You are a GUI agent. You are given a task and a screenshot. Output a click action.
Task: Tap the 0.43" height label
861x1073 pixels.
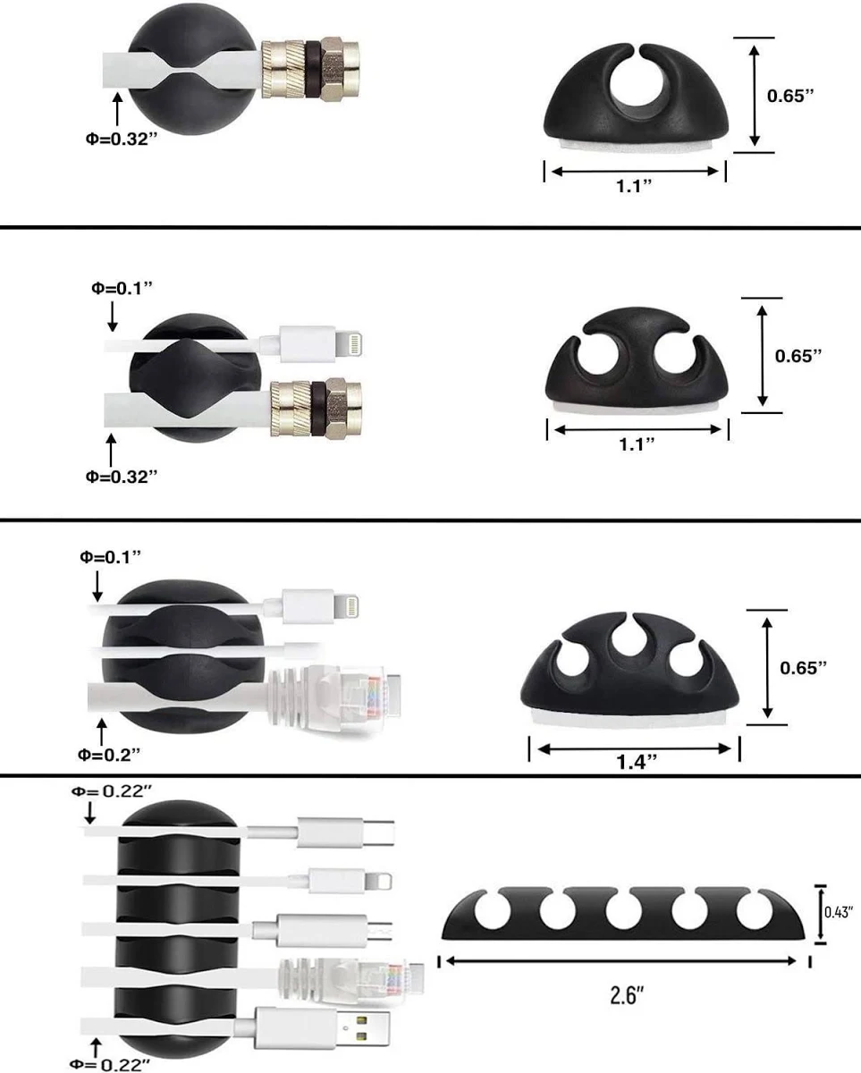click(x=840, y=912)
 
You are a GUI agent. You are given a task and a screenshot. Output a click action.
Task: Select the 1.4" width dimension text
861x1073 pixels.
click(x=637, y=761)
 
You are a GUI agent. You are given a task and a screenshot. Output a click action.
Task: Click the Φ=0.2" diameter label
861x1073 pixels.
click(x=109, y=755)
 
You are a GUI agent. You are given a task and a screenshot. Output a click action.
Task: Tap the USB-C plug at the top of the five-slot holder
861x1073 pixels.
click(x=345, y=832)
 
